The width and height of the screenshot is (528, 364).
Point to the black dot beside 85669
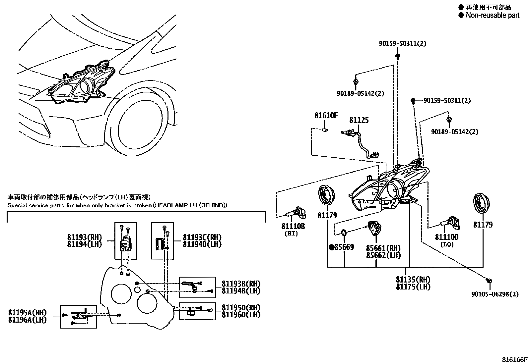(x=331, y=247)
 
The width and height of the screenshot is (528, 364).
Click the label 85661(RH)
(x=383, y=248)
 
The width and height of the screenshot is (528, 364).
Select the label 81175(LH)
(x=413, y=287)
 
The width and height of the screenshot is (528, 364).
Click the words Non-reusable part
(x=492, y=15)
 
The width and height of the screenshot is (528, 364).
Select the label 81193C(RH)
(x=202, y=237)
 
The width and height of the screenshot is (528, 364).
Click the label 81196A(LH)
(x=28, y=320)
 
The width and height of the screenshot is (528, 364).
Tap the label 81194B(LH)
(x=241, y=291)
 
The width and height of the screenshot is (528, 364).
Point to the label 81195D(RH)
(x=241, y=307)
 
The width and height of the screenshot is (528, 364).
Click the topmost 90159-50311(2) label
(x=402, y=43)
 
